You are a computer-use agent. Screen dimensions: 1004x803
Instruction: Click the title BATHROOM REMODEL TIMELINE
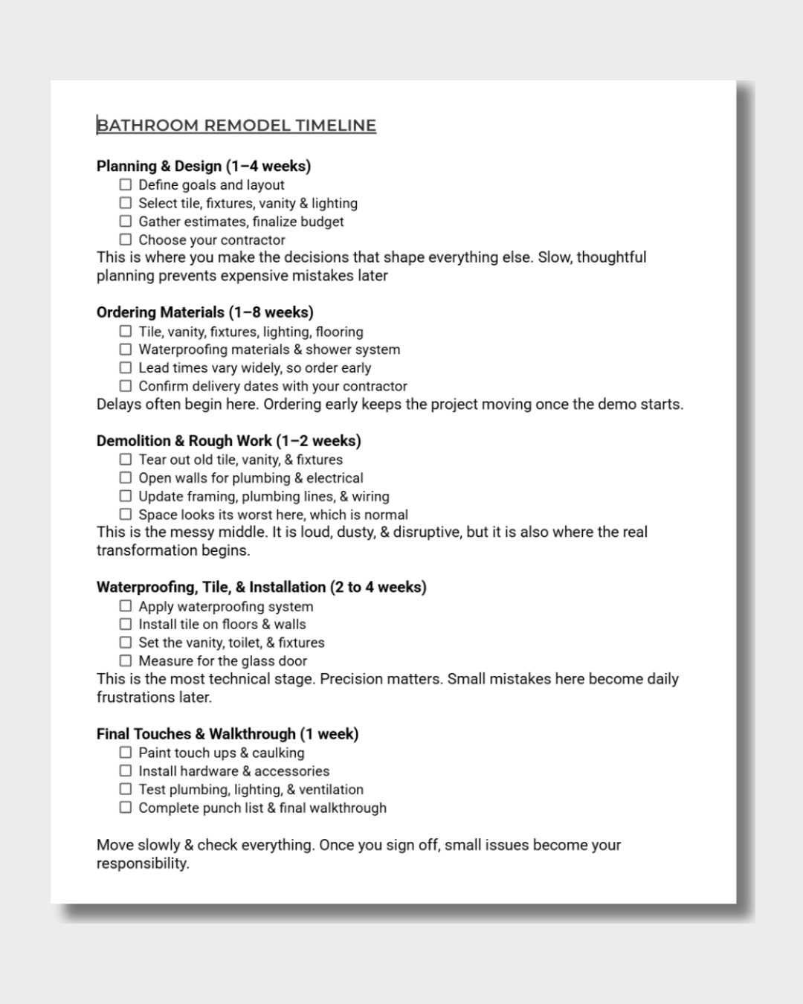[236, 126]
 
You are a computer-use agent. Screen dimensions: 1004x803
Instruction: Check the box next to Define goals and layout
[126, 184]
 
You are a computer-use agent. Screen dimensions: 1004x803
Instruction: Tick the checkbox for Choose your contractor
[126, 239]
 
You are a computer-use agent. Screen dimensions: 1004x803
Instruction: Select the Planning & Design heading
[203, 166]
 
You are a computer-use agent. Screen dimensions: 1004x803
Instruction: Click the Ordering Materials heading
[204, 312]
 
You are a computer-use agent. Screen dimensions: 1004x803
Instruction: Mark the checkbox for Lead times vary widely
[126, 367]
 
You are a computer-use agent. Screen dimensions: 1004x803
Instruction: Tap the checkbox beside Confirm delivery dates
[126, 386]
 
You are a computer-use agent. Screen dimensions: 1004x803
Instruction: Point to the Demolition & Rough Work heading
[228, 441]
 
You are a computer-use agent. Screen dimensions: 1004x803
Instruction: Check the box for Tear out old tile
[126, 460]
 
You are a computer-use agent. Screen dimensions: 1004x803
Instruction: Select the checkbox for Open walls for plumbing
[126, 477]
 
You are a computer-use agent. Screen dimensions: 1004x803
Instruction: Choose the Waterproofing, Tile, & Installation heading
[261, 588]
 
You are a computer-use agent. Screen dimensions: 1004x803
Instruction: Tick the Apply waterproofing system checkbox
[126, 606]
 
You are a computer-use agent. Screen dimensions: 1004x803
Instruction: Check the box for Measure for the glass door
[126, 660]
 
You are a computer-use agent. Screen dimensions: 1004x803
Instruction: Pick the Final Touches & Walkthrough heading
[227, 734]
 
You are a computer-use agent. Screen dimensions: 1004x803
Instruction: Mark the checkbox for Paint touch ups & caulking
[126, 753]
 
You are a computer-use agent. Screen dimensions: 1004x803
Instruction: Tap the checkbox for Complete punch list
[126, 808]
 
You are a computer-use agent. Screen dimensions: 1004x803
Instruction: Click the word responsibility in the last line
[141, 863]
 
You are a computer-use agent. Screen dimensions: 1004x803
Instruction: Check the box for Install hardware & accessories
[126, 771]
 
